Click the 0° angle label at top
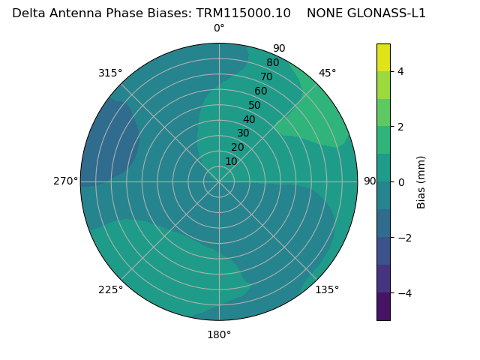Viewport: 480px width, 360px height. [219, 28]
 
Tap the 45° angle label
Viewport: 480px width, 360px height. [327, 73]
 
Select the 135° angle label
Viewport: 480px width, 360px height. [327, 289]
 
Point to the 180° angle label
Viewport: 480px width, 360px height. [219, 334]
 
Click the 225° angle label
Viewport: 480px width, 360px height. [110, 289]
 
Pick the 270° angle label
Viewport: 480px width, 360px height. [66, 181]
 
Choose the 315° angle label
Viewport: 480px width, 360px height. [110, 73]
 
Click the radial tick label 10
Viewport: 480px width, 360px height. [231, 161]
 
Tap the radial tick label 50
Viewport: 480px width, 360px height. [255, 105]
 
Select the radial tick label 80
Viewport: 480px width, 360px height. [273, 62]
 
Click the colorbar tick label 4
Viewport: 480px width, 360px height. [401, 71]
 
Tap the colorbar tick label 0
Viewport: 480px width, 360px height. [401, 182]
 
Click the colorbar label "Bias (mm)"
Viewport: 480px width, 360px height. [421, 181]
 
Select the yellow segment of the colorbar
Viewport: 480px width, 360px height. [383, 57]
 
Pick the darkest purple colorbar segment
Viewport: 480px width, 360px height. [383, 306]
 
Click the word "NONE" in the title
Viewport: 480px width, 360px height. [323, 13]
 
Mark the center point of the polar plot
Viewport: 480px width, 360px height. [219, 181]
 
